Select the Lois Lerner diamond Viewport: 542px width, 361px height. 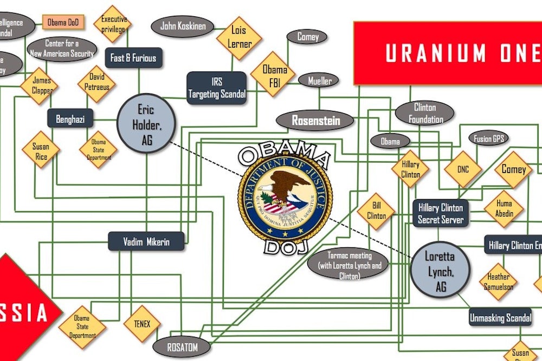point(239,37)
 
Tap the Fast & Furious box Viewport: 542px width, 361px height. point(133,58)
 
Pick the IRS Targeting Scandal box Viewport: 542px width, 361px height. point(217,88)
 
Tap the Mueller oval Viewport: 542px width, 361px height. point(320,81)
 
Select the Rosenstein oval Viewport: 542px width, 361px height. point(316,121)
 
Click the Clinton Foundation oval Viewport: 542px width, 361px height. point(425,113)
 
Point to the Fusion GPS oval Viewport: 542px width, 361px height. point(489,139)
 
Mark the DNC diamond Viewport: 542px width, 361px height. point(463,169)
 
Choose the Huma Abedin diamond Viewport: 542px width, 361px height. point(504,208)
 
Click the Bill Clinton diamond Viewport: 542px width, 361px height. point(376,211)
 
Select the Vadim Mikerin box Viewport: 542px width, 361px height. point(146,241)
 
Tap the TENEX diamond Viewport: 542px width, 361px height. point(141,324)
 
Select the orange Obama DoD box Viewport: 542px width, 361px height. point(64,22)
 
